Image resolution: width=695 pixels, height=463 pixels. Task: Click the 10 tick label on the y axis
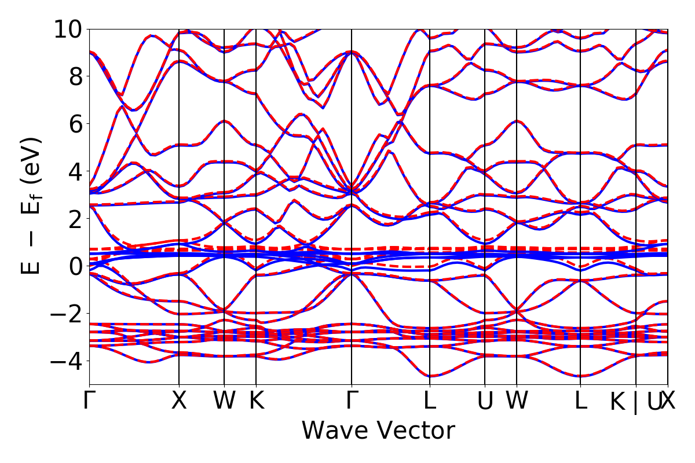tap(69, 29)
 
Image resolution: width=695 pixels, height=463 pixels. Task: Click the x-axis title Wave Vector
tap(378, 431)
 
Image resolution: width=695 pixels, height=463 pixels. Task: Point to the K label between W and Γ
tap(256, 401)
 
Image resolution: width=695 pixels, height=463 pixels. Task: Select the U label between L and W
tap(485, 401)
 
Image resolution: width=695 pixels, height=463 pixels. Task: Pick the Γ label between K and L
tap(352, 401)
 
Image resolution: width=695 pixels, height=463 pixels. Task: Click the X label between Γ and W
tap(179, 401)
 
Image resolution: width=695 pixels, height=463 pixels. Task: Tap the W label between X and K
tap(224, 401)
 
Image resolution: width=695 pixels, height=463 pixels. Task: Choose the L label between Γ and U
tap(430, 401)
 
